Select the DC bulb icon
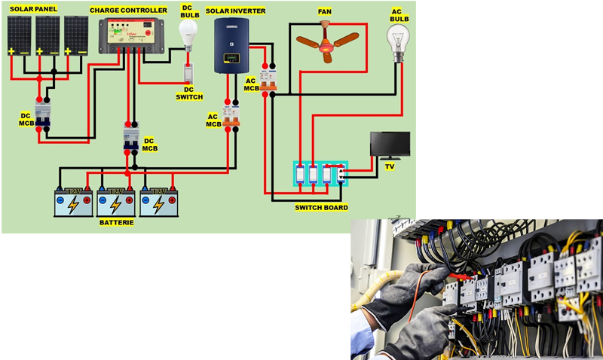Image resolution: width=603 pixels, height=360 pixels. tap(188, 32)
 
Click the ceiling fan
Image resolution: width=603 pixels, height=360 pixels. tap(326, 42)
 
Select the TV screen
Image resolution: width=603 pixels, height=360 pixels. tap(390, 143)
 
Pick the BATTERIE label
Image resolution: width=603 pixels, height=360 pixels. tap(116, 223)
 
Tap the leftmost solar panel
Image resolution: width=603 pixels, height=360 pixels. tap(20, 35)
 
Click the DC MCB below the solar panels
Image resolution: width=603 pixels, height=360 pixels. tap(42, 114)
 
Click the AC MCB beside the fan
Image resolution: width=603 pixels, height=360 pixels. tap(265, 77)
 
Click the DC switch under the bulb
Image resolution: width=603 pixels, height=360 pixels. tap(189, 73)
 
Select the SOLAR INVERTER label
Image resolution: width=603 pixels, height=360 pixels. tap(235, 11)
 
